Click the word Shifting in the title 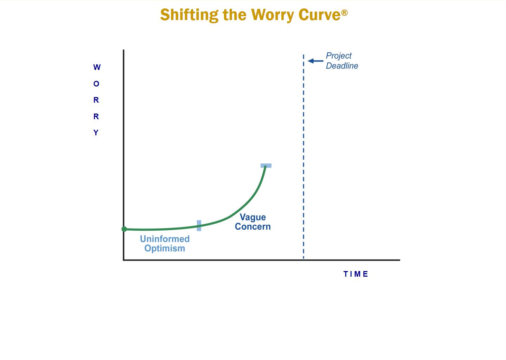(189, 15)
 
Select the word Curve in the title (319, 14)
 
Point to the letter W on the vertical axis (97, 67)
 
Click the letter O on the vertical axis (96, 84)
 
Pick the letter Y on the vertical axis (96, 132)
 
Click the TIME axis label (356, 274)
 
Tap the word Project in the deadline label (339, 56)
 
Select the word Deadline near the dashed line (342, 66)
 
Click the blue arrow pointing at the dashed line (315, 61)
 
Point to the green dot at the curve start (124, 229)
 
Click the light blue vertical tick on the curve (199, 226)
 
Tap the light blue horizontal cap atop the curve (266, 166)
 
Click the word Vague (253, 217)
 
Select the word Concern (253, 226)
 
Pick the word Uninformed (165, 239)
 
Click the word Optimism (165, 249)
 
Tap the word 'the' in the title (235, 15)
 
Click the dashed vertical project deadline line (303, 156)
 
